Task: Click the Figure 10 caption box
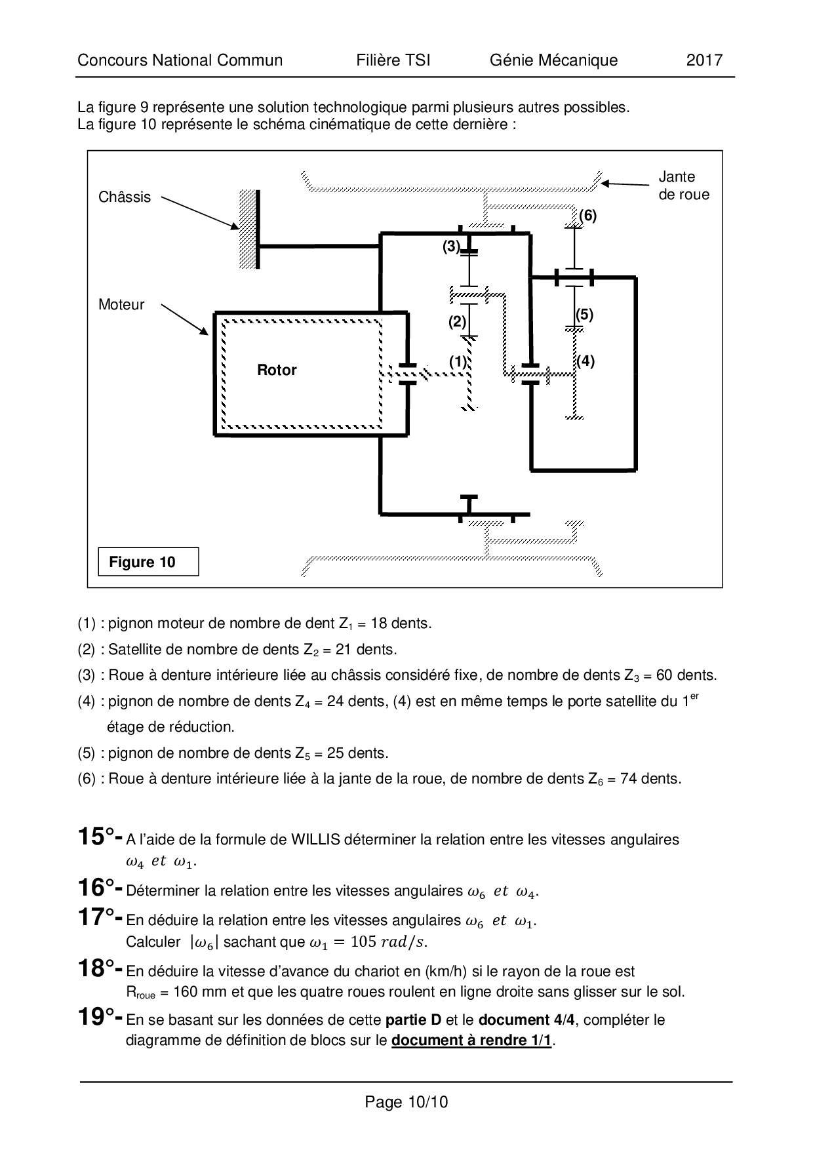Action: coord(148,562)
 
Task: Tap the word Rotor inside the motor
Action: coord(277,370)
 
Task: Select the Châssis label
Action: coord(125,197)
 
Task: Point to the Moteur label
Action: coord(121,304)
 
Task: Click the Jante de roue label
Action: coord(684,186)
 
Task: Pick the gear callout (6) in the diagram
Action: coord(587,216)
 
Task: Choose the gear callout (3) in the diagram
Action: coord(451,247)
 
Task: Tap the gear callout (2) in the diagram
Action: coord(457,321)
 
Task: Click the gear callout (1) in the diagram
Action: coord(458,361)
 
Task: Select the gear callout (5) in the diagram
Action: coord(584,315)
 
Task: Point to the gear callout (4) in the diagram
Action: coord(585,361)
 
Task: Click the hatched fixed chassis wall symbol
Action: coord(247,228)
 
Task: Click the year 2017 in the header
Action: coord(704,60)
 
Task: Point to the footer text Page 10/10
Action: coord(406,1102)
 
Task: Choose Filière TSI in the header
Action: coord(393,60)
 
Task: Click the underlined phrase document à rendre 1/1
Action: coord(471,1041)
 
